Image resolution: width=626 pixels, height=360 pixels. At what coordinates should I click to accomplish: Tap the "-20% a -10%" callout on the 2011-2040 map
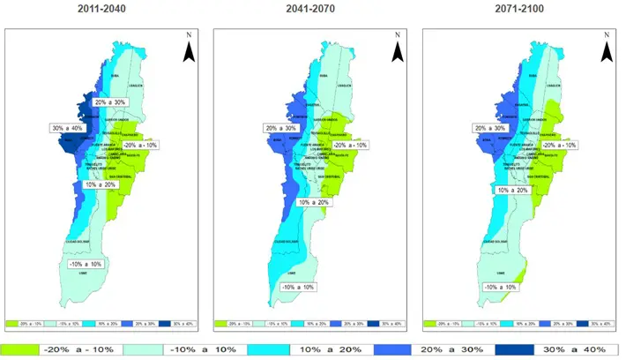pyautogui.click(x=141, y=146)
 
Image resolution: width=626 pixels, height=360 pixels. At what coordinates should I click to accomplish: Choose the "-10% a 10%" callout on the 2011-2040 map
pyautogui.click(x=86, y=264)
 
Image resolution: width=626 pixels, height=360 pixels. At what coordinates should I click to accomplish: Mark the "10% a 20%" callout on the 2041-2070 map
pyautogui.click(x=312, y=203)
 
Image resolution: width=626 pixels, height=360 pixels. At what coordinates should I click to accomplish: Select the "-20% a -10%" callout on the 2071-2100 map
pyautogui.click(x=559, y=145)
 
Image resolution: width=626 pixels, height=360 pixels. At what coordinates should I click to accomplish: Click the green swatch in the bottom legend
pyautogui.click(x=20, y=349)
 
